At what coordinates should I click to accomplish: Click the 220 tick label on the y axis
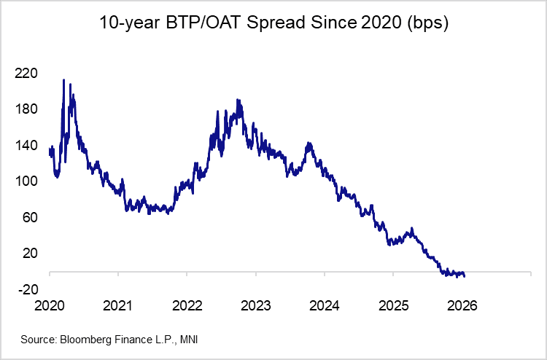(26, 73)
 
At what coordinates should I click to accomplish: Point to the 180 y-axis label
(26, 109)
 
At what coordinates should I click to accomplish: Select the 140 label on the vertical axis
(26, 145)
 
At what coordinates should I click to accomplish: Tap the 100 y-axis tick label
(26, 181)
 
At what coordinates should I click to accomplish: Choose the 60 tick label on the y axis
(28, 217)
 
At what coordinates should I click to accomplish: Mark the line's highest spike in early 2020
(63, 80)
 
